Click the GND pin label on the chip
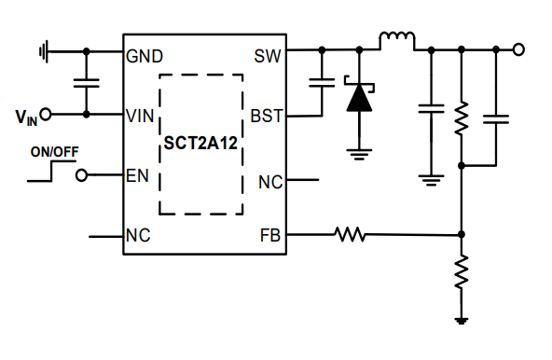tap(145, 56)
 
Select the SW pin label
tap(267, 56)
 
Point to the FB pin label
tap(269, 235)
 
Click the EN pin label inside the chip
tap(137, 175)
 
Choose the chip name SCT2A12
tap(200, 145)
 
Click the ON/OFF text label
tap(53, 151)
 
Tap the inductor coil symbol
tap(396, 40)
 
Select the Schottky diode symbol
tap(359, 97)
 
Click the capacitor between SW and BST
tap(322, 83)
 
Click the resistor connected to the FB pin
tap(351, 235)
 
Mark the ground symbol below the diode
tap(359, 150)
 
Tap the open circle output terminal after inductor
tap(518, 49)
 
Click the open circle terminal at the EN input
tap(81, 175)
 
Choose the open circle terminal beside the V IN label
tap(45, 115)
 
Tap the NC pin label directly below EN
tap(138, 236)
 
